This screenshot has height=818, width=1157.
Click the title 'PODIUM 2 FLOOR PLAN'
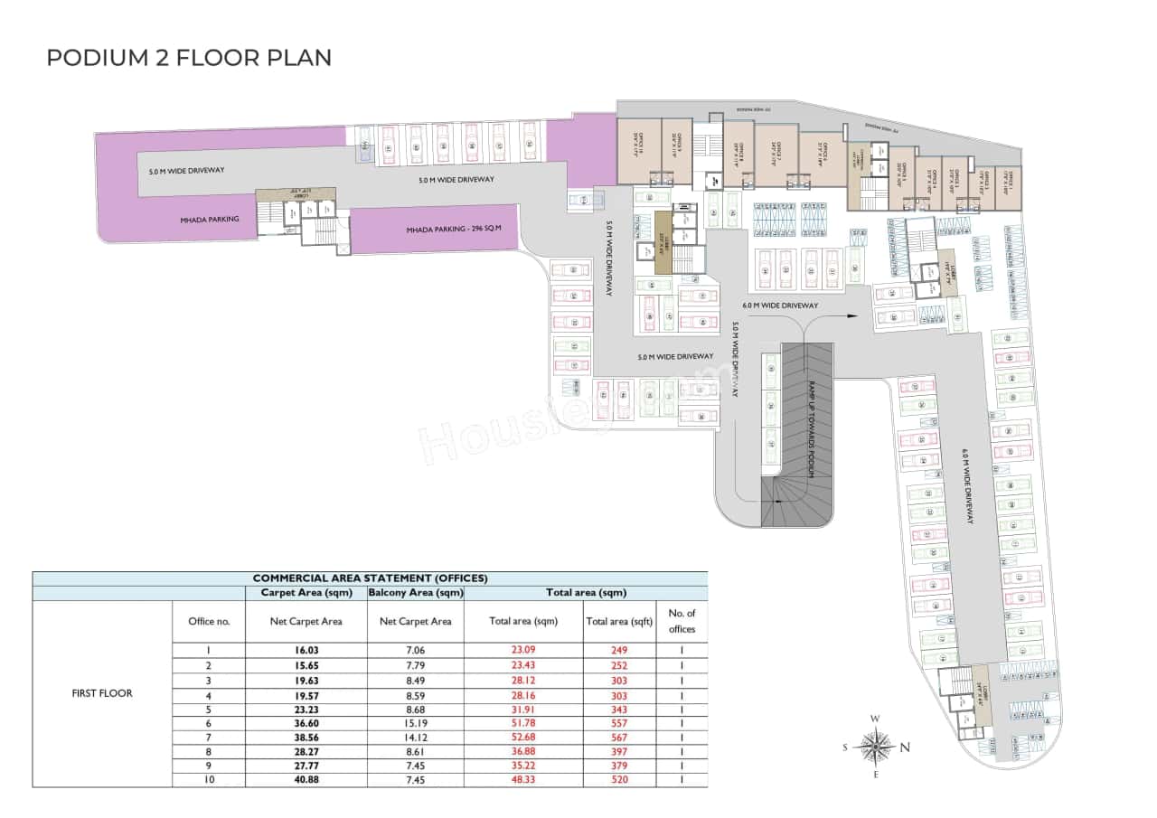tap(189, 58)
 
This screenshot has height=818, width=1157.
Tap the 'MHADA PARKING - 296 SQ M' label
tap(448, 230)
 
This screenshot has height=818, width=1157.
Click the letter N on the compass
tap(905, 747)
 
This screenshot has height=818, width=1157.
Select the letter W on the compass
tap(875, 719)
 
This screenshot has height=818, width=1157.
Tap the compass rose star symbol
tap(875, 747)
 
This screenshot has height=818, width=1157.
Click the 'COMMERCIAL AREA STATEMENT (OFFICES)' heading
tap(370, 578)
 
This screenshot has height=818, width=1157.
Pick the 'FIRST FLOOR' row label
tap(102, 693)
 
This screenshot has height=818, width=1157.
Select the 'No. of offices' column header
tap(682, 621)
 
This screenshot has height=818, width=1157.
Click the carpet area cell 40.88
tap(306, 780)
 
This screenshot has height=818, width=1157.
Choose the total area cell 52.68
tap(522, 737)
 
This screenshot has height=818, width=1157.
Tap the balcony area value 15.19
tap(415, 722)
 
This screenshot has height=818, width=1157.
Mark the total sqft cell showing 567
tap(618, 737)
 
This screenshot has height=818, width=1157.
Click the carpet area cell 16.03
tap(306, 650)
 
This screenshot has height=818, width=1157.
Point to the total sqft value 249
tap(618, 650)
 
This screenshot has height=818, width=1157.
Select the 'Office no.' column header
tap(209, 621)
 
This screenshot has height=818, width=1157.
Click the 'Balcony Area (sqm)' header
tap(416, 593)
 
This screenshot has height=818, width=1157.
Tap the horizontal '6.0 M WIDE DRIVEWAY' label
tap(780, 306)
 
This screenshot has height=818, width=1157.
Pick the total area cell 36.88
tap(522, 751)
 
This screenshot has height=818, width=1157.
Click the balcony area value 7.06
tap(415, 650)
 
